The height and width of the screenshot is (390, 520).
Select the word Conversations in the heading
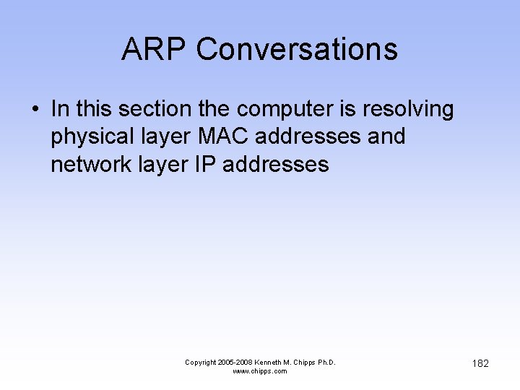(x=296, y=49)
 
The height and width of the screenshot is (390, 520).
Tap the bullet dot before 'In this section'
(x=34, y=110)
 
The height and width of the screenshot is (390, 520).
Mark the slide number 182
(x=480, y=363)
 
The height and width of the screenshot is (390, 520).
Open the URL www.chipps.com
(x=260, y=371)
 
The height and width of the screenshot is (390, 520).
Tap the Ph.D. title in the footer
(x=326, y=362)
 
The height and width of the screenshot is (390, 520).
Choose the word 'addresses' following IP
(x=276, y=164)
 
